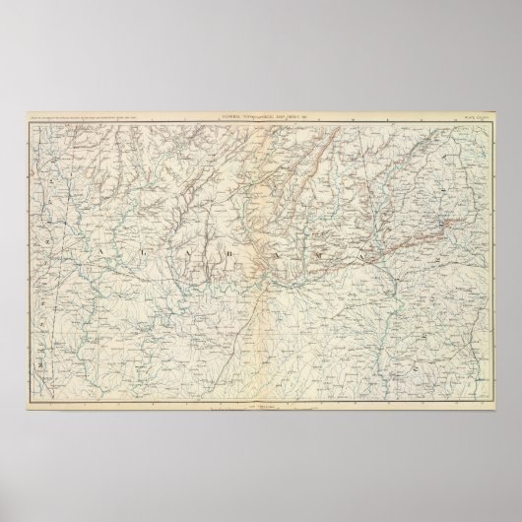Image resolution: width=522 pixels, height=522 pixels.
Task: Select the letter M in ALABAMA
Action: point(318,258)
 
